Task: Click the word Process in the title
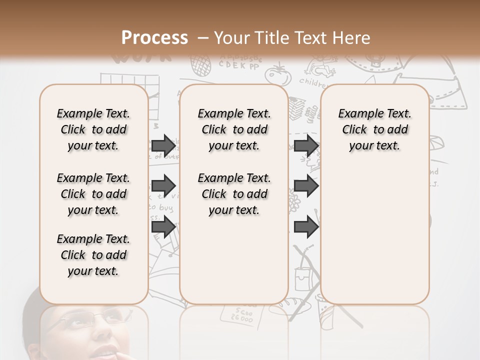click(x=154, y=37)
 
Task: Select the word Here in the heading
click(x=351, y=38)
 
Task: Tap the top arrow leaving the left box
click(x=163, y=145)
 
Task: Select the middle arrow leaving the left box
click(x=163, y=186)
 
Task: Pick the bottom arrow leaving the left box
click(x=163, y=227)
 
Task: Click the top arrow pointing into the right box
click(x=306, y=145)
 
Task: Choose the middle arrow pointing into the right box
click(x=306, y=186)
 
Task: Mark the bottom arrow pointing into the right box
click(x=306, y=227)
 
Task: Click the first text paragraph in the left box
click(x=93, y=129)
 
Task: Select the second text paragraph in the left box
click(x=93, y=194)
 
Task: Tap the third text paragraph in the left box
click(x=93, y=255)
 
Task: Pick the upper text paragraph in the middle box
click(x=234, y=129)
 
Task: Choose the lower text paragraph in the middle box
click(x=234, y=194)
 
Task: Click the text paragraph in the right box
click(x=375, y=129)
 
